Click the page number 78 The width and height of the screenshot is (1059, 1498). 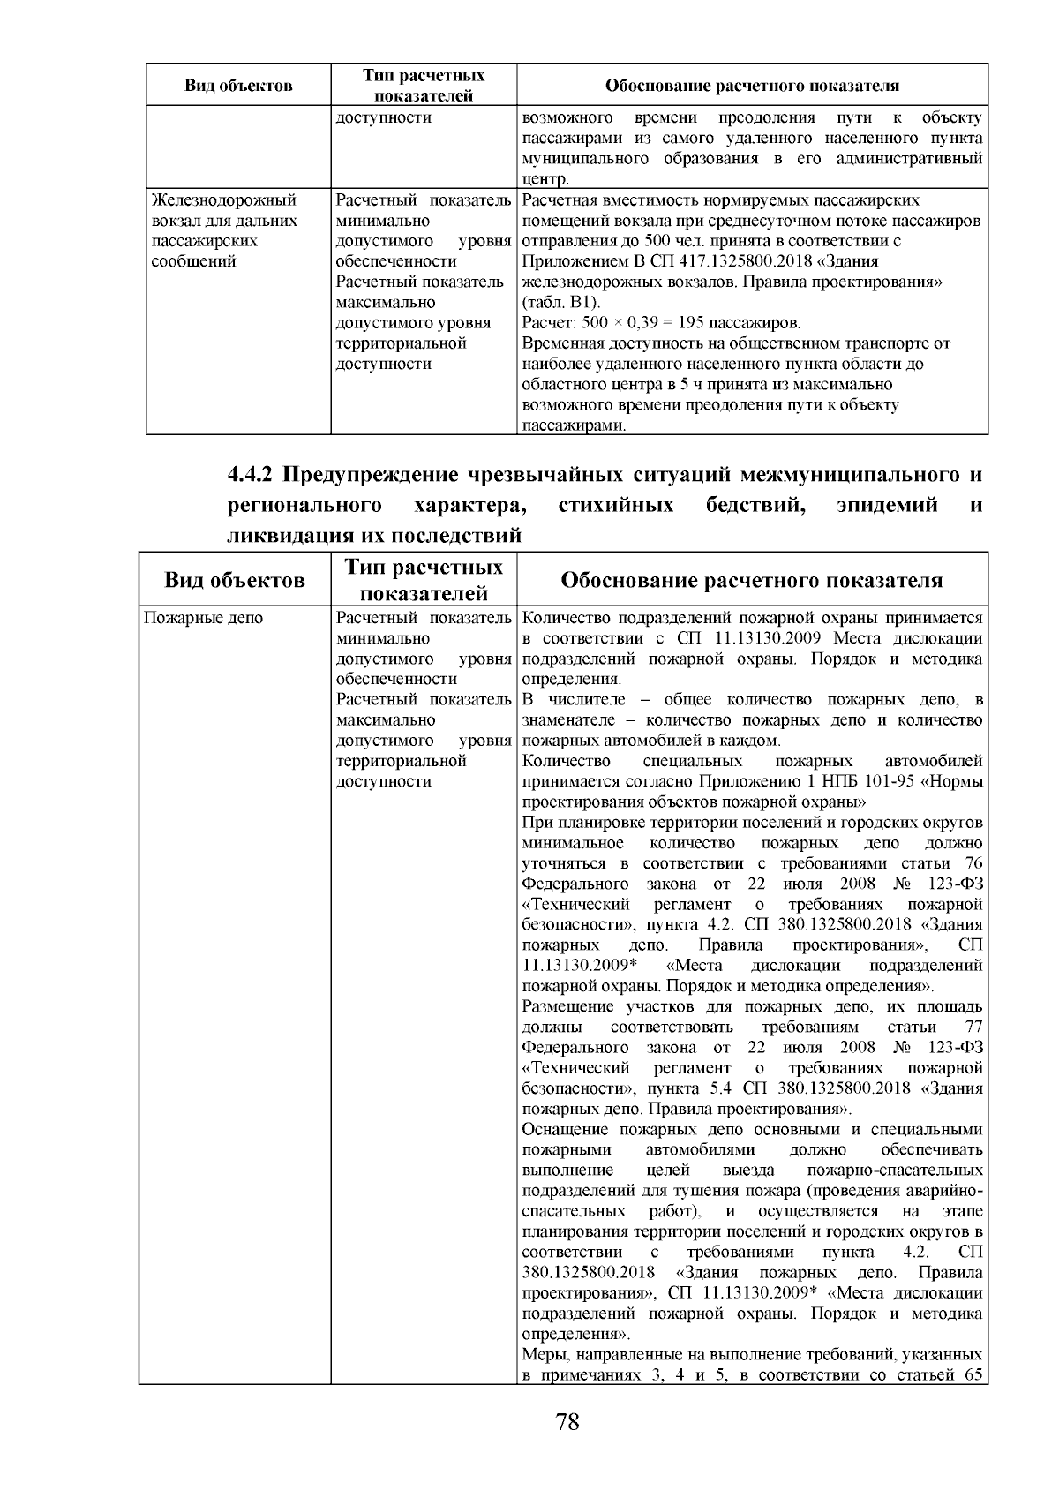click(567, 1422)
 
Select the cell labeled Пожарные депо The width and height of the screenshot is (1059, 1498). click(203, 619)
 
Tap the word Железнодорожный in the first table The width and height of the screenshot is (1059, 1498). click(224, 200)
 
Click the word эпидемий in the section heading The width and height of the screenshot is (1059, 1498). click(886, 506)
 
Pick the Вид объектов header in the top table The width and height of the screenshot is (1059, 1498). click(238, 86)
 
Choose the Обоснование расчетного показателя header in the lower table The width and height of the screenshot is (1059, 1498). click(752, 580)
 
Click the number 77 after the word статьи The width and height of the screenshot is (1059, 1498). click(973, 1028)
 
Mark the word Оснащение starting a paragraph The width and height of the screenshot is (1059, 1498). click(566, 1130)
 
